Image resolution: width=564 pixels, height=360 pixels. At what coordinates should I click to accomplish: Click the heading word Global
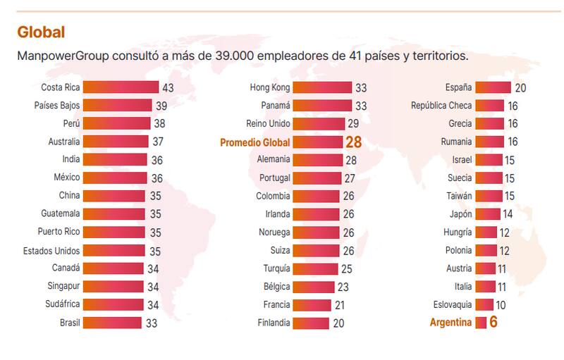(x=41, y=32)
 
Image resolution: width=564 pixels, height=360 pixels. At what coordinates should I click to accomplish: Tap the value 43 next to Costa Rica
(x=168, y=88)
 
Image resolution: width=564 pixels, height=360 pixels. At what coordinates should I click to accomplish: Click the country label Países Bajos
(x=57, y=106)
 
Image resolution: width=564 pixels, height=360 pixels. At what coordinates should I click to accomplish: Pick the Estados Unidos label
(x=51, y=250)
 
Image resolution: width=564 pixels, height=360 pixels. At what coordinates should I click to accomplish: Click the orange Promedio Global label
(x=255, y=142)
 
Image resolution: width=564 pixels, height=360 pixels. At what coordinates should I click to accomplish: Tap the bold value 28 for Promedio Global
(x=353, y=142)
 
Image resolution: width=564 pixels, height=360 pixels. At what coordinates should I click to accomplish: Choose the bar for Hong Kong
(x=321, y=87)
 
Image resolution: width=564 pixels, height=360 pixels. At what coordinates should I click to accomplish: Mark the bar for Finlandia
(x=310, y=323)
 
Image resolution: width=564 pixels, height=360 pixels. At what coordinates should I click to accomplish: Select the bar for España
(x=493, y=87)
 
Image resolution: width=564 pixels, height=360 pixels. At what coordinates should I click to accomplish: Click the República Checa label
(x=441, y=106)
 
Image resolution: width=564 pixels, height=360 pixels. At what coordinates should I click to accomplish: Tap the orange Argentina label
(x=451, y=323)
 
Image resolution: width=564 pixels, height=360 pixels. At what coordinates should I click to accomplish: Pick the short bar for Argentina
(x=481, y=323)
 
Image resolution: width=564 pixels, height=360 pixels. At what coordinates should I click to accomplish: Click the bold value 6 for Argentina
(x=493, y=323)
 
